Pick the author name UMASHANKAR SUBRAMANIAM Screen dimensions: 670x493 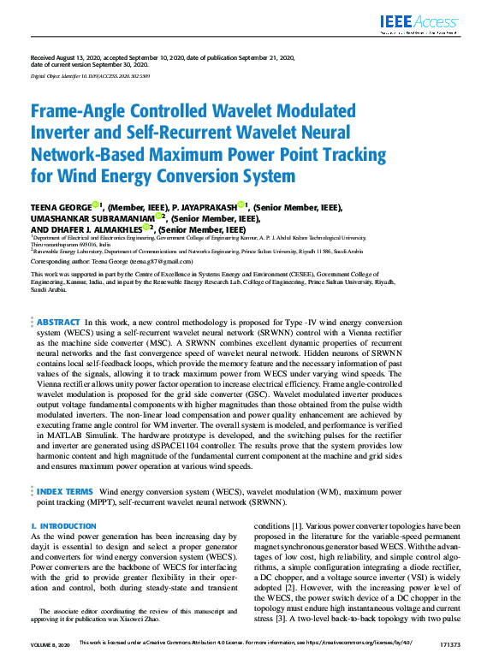click(x=92, y=217)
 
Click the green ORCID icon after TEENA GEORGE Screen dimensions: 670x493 click(x=95, y=205)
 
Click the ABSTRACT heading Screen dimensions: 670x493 click(x=58, y=298)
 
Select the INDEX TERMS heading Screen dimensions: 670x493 click(x=65, y=492)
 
